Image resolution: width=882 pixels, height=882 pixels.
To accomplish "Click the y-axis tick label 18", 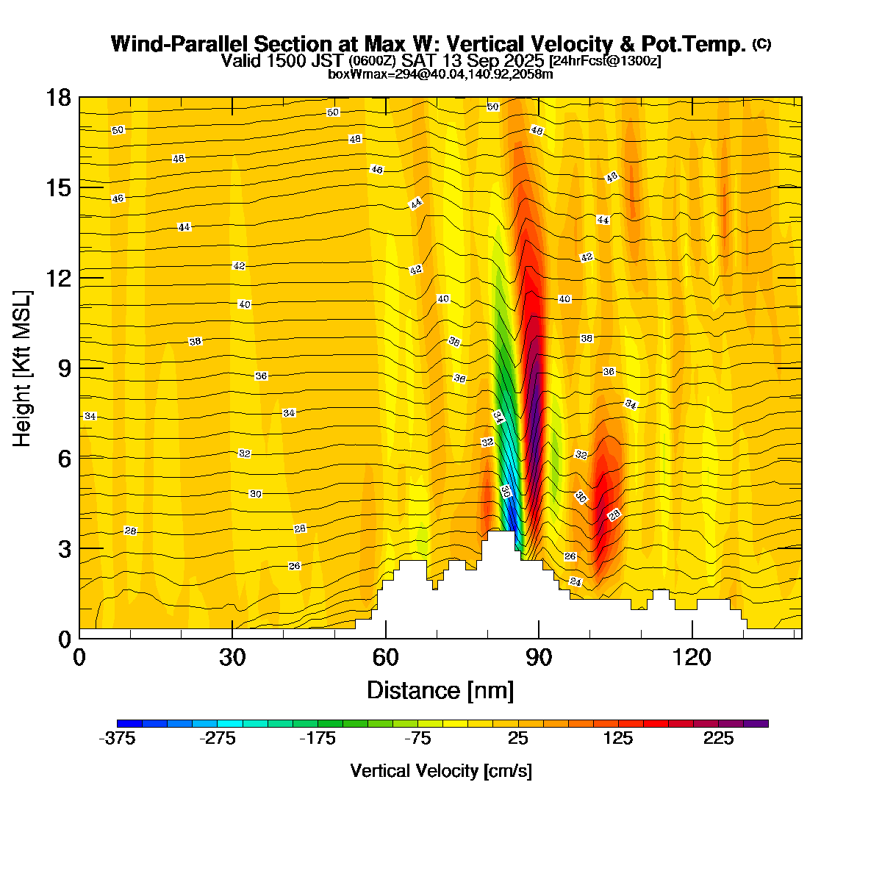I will point(58,98).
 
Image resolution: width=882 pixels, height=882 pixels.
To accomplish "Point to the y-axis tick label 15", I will point(58,188).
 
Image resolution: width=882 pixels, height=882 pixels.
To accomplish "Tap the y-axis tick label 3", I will point(64,549).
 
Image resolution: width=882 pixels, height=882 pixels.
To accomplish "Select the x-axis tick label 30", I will point(232,656).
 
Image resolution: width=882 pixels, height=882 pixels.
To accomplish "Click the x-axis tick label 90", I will point(539,656).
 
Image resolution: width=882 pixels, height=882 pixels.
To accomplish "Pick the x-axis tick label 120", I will point(692,656).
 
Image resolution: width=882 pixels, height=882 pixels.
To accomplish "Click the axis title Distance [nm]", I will point(440,690).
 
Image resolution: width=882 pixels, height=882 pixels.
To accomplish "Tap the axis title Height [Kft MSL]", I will point(23,368).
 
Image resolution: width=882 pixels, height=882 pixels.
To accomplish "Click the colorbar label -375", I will point(117,739).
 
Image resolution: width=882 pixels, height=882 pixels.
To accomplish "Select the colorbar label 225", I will point(718,739).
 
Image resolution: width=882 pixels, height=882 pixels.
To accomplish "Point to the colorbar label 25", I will point(518,739).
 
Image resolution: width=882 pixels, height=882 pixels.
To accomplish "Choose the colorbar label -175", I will point(318,739).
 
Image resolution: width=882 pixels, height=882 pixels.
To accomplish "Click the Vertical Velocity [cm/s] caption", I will point(441,771).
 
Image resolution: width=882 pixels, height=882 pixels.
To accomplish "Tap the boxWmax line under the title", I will point(440,73).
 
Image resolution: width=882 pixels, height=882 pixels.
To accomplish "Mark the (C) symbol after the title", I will point(761,44).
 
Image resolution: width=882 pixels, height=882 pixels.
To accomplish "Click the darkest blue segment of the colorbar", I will point(129,723).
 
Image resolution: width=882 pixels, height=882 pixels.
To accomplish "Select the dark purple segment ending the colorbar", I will point(756,723).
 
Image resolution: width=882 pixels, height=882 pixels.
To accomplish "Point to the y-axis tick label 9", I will point(64,368).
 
